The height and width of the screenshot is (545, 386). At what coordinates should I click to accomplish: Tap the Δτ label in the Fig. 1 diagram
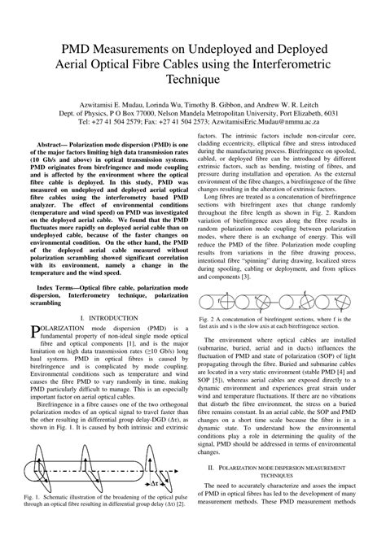point(167,505)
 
